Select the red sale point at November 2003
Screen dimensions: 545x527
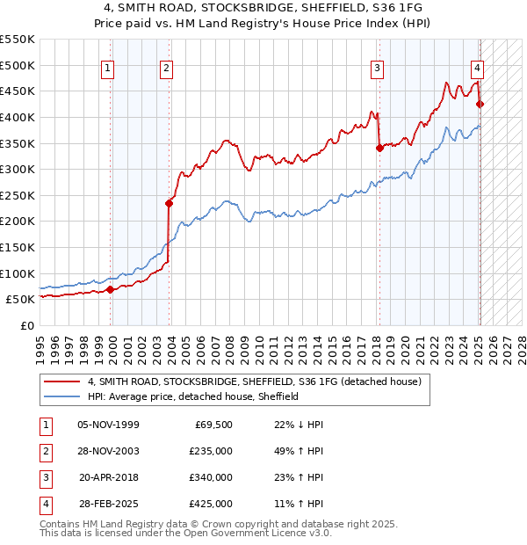click(170, 203)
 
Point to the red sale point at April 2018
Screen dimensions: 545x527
click(379, 149)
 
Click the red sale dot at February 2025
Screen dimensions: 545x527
click(480, 105)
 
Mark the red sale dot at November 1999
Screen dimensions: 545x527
click(110, 289)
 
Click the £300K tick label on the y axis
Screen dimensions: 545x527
click(17, 169)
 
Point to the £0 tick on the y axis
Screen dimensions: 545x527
click(26, 325)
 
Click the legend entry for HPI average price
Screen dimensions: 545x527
click(193, 396)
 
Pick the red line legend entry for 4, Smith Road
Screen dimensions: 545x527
click(255, 381)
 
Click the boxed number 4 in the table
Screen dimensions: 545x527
click(45, 504)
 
